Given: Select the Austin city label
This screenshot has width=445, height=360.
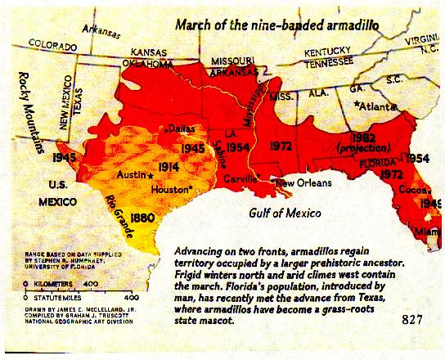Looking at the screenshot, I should click(x=133, y=176).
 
